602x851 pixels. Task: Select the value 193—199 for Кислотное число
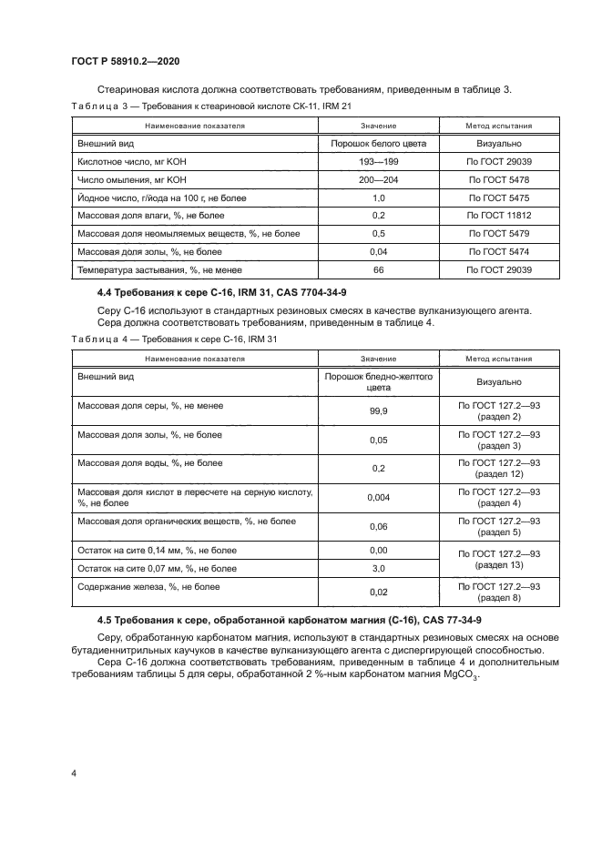point(378,161)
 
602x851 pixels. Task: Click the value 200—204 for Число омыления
point(378,179)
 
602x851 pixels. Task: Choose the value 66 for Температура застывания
point(378,270)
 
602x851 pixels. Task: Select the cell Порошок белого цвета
point(378,143)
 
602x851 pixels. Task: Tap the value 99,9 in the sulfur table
point(378,411)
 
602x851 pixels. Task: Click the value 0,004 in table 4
point(378,497)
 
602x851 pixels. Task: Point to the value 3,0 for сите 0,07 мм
point(378,569)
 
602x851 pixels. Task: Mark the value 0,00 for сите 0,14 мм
point(378,551)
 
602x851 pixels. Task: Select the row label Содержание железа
point(148,587)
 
